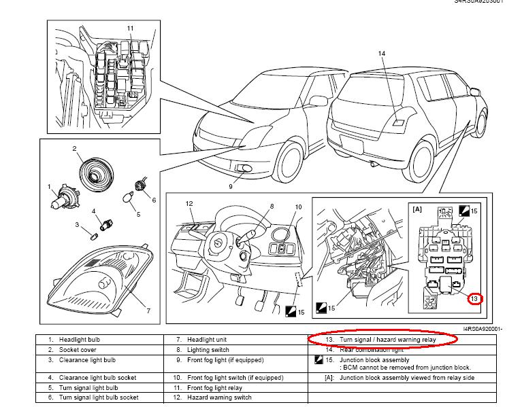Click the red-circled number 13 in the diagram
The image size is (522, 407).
[474, 298]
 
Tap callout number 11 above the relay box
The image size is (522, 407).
[130, 28]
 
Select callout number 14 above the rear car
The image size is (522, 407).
[382, 54]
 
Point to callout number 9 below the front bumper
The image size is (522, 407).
[231, 185]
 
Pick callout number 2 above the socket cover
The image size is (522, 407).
[74, 147]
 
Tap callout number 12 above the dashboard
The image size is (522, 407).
[191, 203]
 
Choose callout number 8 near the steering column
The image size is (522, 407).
[271, 206]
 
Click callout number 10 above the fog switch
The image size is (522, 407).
[297, 207]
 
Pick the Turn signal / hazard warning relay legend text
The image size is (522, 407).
[380, 339]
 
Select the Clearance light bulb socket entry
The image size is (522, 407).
[98, 377]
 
